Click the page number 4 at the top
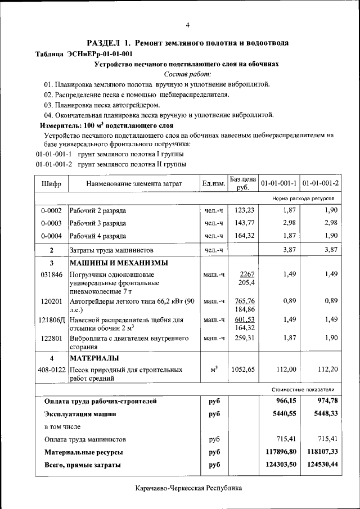188,24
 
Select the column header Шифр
51,184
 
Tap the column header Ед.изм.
214,184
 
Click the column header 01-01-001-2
321,184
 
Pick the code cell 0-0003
51,223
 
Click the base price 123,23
245,210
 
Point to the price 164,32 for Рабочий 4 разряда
245,236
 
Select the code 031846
51,274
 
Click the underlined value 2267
247,274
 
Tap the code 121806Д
51,319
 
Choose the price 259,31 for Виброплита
245,338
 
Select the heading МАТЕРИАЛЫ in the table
94,358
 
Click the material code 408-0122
51,370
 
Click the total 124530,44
321,465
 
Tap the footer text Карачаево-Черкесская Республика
188,488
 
